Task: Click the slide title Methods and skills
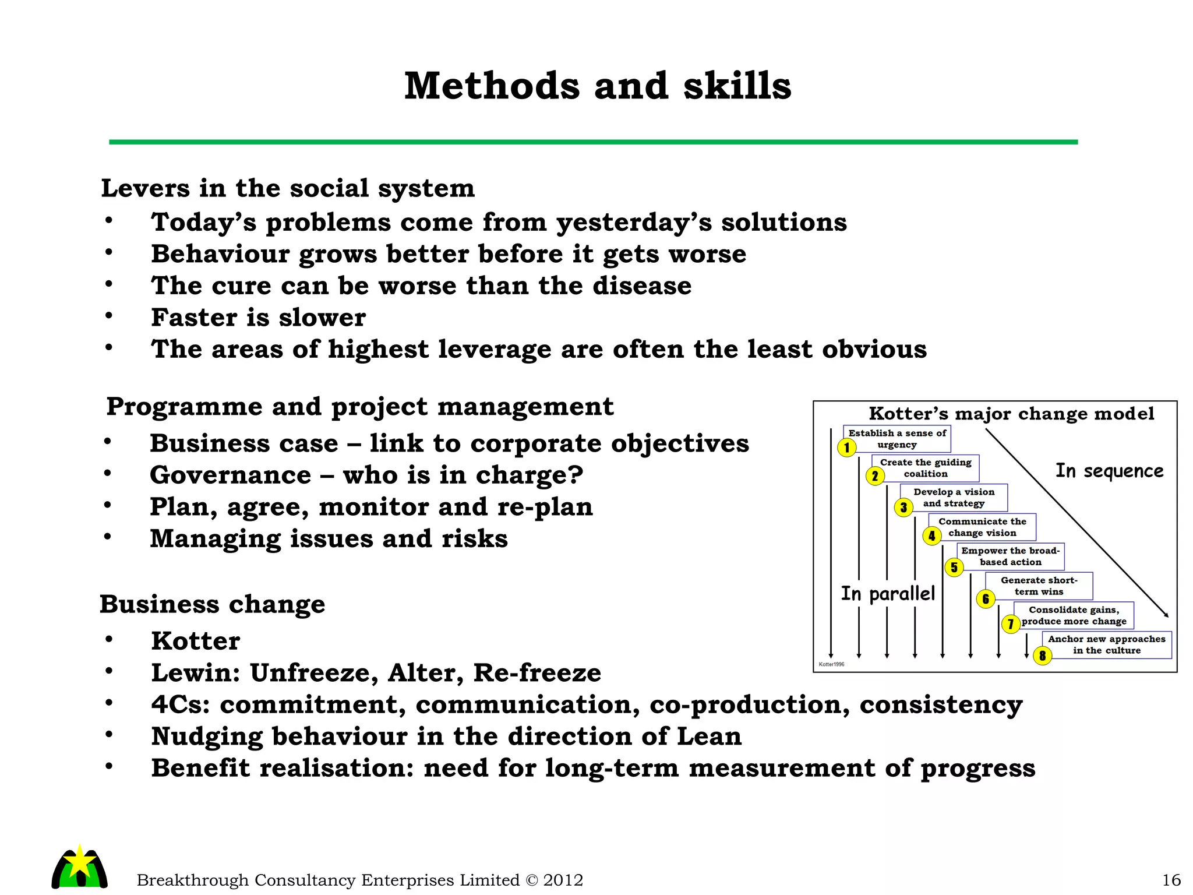(x=598, y=86)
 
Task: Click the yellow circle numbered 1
(x=846, y=447)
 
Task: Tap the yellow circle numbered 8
(x=1042, y=656)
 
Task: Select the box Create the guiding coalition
(x=926, y=468)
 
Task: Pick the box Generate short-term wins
(x=1039, y=586)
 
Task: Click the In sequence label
(x=1109, y=471)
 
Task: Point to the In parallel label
(x=888, y=594)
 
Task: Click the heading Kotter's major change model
(x=1011, y=414)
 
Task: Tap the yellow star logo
(x=80, y=862)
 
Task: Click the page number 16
(x=1171, y=880)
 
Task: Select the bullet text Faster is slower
(x=258, y=318)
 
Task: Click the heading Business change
(x=213, y=604)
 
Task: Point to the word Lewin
(x=195, y=673)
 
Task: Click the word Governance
(x=230, y=475)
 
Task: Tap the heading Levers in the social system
(x=288, y=188)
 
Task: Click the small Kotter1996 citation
(x=831, y=664)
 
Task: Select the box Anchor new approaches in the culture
(x=1106, y=644)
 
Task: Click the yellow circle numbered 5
(x=954, y=567)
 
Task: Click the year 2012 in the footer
(x=563, y=880)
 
